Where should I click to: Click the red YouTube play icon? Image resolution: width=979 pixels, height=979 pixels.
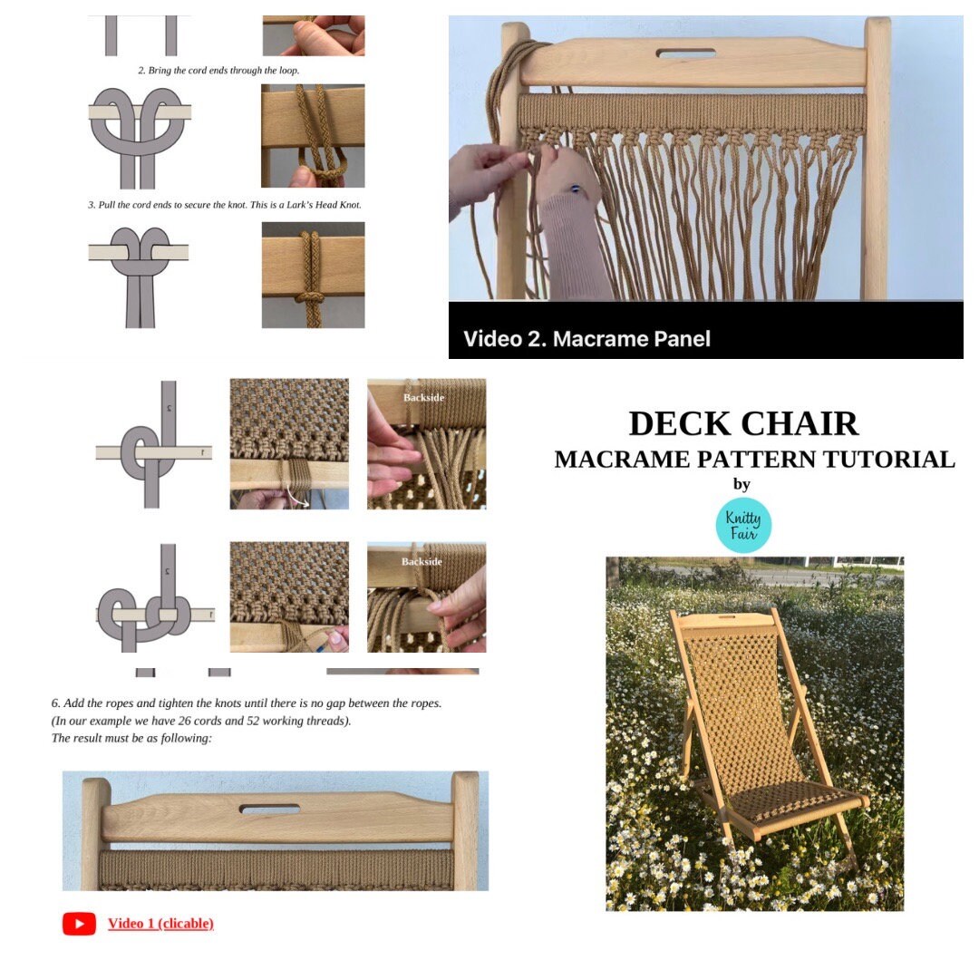(x=79, y=924)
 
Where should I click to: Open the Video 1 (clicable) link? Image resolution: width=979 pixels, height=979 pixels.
(x=160, y=924)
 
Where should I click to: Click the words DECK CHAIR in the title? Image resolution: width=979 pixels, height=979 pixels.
(x=743, y=424)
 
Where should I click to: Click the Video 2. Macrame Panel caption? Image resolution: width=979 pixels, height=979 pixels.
(x=586, y=339)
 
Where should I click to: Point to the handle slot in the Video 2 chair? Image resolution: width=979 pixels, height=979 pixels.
(x=685, y=53)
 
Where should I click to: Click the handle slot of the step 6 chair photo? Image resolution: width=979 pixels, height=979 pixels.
(x=269, y=807)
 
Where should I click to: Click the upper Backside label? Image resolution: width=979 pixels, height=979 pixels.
(x=422, y=397)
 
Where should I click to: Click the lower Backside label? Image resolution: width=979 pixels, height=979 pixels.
(x=422, y=561)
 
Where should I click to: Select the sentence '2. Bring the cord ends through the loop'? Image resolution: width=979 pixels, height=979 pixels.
(x=218, y=70)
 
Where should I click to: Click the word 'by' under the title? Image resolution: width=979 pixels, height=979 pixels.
(x=742, y=484)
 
